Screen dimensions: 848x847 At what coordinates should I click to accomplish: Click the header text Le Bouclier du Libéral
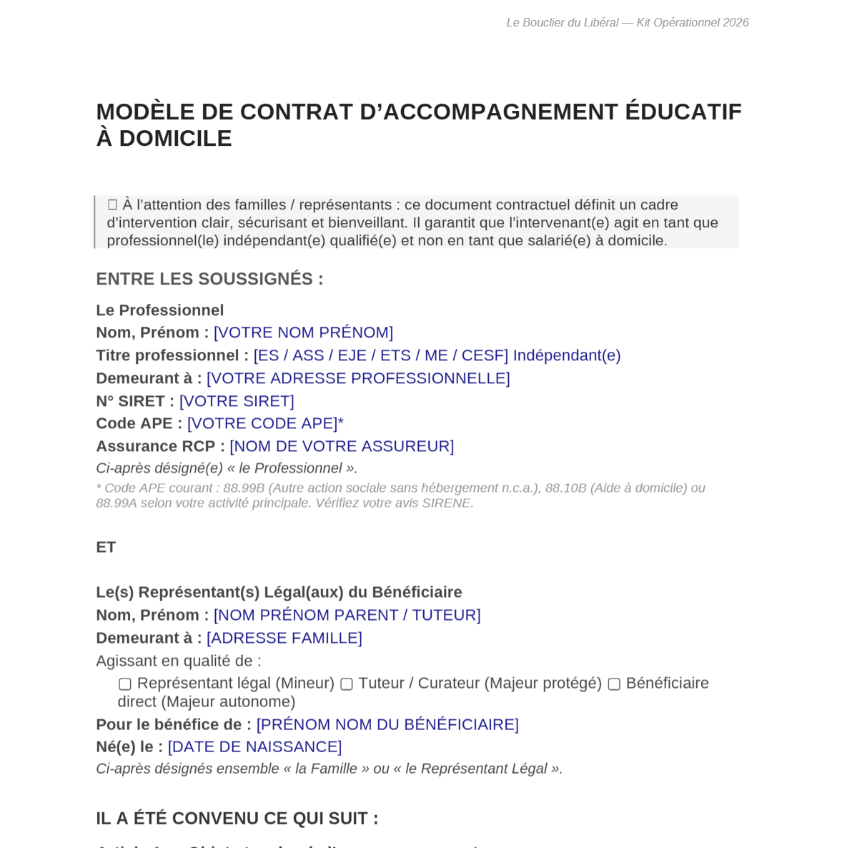562,23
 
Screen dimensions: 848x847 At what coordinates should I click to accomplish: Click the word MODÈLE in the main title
145,112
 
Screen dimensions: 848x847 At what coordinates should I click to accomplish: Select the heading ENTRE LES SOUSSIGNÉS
209,279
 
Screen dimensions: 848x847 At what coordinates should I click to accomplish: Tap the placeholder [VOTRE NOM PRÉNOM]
303,332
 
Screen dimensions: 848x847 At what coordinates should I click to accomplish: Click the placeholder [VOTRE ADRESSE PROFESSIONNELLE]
358,378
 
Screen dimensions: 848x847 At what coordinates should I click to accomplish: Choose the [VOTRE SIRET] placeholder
237,401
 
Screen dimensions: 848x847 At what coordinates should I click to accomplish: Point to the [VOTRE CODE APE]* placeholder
265,423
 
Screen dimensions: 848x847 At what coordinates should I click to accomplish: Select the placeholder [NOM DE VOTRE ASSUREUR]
342,446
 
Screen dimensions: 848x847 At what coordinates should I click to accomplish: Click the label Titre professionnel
172,355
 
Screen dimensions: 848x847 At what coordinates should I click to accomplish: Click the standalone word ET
106,547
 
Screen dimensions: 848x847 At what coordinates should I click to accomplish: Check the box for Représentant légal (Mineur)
125,684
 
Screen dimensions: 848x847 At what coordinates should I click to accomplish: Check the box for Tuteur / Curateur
347,684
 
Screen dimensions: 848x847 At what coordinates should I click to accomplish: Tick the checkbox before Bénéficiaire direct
614,684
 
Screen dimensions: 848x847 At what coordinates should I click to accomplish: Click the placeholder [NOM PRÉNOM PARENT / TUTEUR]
347,615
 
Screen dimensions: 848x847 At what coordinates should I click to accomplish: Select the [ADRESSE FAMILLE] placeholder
284,638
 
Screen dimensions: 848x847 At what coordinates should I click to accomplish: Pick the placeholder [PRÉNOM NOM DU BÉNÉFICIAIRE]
387,724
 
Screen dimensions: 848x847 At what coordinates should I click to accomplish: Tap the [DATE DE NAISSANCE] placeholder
254,746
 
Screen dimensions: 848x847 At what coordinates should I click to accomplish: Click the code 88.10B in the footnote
565,488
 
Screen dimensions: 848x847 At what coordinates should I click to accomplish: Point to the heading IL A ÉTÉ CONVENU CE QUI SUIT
237,818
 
